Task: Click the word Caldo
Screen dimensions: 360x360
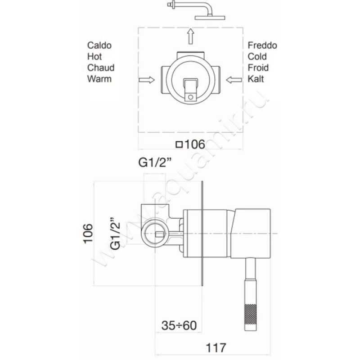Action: click(x=99, y=45)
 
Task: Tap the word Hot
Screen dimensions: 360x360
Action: click(x=94, y=57)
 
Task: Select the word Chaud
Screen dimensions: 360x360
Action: click(x=101, y=68)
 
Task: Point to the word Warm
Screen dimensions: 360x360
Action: click(x=99, y=79)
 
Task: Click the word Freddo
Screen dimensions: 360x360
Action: click(x=262, y=45)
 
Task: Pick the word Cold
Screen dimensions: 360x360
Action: click(x=257, y=57)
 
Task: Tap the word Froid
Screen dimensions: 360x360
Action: click(x=258, y=68)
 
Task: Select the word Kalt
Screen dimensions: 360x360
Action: click(x=256, y=79)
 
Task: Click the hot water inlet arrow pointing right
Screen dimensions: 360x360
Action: click(x=147, y=80)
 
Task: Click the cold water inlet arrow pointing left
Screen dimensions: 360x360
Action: click(x=234, y=80)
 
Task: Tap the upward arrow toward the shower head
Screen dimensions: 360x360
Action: click(x=190, y=36)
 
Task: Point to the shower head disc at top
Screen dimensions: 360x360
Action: click(x=210, y=18)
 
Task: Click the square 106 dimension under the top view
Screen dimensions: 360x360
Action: click(x=190, y=144)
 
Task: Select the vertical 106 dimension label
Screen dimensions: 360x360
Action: click(x=88, y=233)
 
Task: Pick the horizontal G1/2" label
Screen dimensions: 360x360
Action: click(x=155, y=162)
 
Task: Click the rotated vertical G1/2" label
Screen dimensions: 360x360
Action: click(x=115, y=233)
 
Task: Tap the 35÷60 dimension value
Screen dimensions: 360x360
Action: click(x=179, y=325)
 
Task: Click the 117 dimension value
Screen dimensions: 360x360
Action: click(x=216, y=347)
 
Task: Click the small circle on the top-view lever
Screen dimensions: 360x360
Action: click(x=190, y=97)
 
